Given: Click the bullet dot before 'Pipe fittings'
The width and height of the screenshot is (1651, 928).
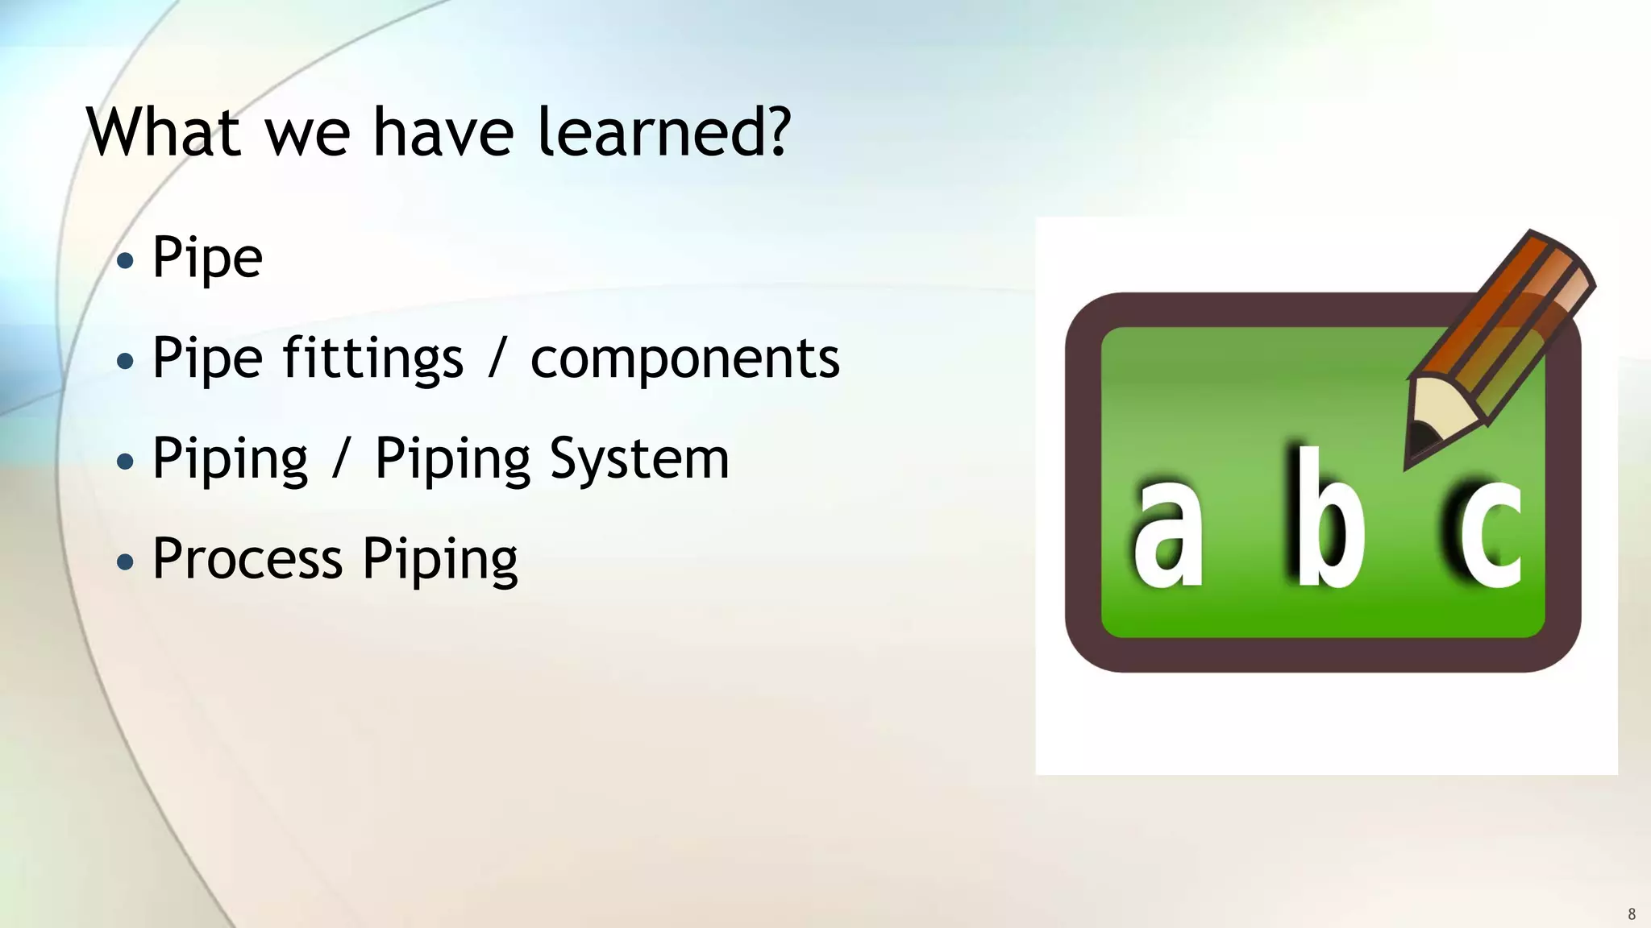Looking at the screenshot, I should point(125,361).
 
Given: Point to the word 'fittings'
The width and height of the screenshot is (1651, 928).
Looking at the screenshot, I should point(372,358).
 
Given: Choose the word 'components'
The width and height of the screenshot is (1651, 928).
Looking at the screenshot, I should point(684,358).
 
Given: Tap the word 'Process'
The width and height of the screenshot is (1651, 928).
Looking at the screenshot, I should point(247,558).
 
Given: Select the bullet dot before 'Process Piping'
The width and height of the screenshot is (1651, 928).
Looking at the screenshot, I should point(125,561).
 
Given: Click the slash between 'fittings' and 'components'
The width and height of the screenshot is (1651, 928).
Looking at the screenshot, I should point(497,358).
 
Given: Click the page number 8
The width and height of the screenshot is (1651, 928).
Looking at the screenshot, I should point(1632,913).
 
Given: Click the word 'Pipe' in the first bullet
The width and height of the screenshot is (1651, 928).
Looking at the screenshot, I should point(207,259).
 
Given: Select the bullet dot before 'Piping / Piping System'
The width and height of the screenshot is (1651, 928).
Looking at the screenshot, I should point(125,462).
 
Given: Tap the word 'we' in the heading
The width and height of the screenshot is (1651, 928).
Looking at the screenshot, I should point(307,133).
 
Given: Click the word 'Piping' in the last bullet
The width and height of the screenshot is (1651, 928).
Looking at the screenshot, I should point(439,560).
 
